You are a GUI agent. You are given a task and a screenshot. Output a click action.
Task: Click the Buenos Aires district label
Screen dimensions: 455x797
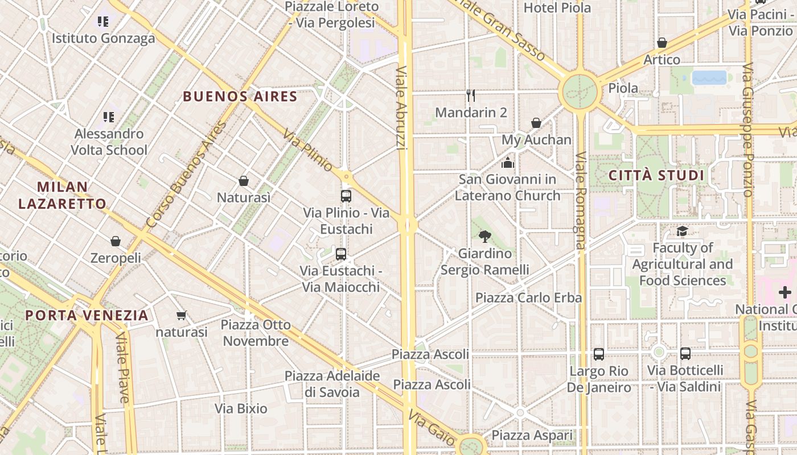[240, 96]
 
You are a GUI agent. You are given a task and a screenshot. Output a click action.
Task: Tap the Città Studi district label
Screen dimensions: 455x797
[656, 175]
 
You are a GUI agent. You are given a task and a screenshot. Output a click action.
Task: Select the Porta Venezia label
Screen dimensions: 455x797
[87, 315]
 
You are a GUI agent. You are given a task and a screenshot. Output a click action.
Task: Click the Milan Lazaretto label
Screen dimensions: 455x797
[62, 195]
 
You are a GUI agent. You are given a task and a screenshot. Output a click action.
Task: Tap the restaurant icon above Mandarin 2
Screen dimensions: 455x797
[471, 95]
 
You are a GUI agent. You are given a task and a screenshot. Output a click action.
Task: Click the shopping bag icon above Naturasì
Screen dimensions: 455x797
[244, 181]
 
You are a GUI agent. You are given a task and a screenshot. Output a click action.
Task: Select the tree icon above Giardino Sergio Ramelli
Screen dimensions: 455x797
[485, 236]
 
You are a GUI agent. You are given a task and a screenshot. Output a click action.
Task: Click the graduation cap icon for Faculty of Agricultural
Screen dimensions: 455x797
[682, 231]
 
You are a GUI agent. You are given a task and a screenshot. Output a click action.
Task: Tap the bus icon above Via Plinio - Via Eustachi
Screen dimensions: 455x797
[346, 196]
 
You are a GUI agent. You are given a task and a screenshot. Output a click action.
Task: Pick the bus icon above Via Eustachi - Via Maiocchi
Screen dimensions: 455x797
[341, 254]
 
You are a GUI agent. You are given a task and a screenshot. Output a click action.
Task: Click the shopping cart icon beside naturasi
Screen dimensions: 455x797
[182, 315]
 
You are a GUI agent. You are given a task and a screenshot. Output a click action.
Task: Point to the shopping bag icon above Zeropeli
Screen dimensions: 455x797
[116, 241]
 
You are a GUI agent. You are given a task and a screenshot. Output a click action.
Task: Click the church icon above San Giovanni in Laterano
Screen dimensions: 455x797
[508, 163]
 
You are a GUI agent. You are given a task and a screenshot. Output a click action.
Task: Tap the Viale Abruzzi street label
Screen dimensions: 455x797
[401, 108]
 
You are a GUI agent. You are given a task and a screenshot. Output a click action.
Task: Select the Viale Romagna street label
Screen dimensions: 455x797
[580, 200]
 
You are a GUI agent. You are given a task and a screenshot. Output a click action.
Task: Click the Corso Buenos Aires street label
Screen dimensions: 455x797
[186, 175]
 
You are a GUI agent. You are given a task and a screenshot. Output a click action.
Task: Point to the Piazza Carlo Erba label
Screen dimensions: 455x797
[528, 297]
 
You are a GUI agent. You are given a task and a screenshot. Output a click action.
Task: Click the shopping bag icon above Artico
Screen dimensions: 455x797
[662, 43]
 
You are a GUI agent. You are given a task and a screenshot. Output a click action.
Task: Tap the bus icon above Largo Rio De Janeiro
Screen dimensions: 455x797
[598, 354]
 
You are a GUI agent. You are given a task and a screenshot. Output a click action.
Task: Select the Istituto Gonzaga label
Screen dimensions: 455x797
[104, 39]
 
